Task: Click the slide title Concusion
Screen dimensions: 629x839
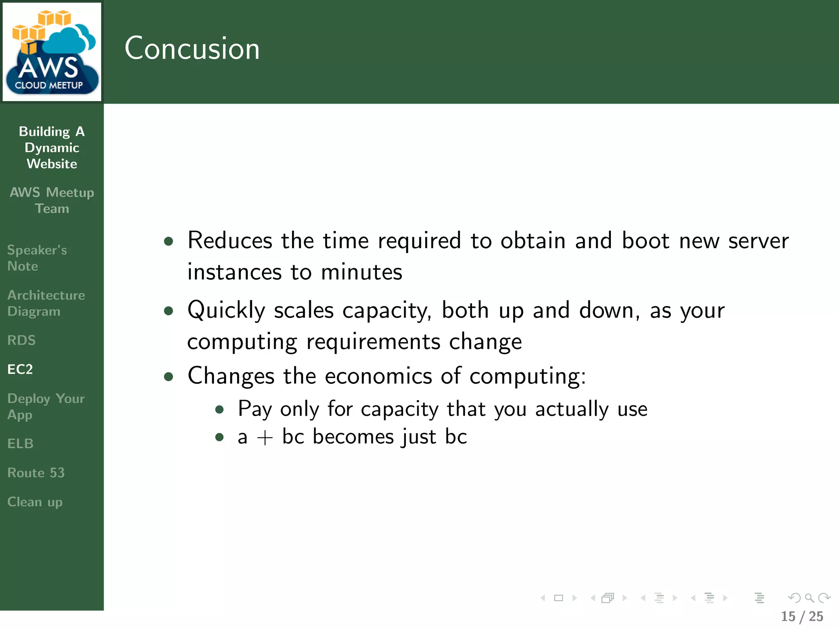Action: (192, 48)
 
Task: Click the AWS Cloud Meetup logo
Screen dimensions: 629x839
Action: (52, 52)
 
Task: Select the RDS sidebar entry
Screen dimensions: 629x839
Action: (21, 340)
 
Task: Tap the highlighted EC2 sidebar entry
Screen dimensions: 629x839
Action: (20, 369)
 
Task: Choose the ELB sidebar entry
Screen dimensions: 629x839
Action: (20, 443)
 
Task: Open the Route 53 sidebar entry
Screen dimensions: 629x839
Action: (36, 473)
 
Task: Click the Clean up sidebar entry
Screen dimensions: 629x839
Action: (35, 502)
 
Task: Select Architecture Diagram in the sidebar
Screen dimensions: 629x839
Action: (46, 303)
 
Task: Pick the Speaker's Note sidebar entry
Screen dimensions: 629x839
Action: (37, 258)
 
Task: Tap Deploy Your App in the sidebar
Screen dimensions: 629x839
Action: (46, 407)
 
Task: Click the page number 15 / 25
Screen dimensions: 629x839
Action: (802, 616)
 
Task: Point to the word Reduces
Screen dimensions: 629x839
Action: (230, 240)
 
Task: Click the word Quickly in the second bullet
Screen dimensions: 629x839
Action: (226, 310)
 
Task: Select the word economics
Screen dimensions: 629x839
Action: (378, 376)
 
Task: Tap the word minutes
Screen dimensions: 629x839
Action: (361, 272)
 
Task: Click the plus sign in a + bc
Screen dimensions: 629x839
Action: (265, 437)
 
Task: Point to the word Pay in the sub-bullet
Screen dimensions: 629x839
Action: (255, 409)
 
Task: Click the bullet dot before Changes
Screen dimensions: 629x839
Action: (168, 376)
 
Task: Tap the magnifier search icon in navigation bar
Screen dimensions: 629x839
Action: (809, 598)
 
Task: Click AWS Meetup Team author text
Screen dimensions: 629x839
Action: (52, 200)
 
